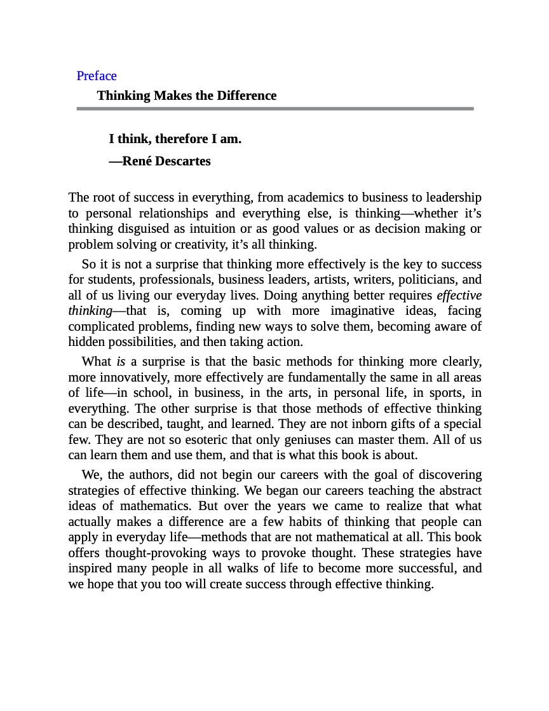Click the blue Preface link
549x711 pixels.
click(97, 76)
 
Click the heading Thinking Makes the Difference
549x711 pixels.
click(186, 95)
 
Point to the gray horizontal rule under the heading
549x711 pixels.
click(275, 109)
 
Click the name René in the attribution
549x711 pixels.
click(138, 161)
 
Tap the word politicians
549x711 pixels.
click(428, 280)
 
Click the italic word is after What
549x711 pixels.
click(121, 362)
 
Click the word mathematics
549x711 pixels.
click(155, 506)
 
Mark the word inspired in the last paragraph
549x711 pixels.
click(91, 569)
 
